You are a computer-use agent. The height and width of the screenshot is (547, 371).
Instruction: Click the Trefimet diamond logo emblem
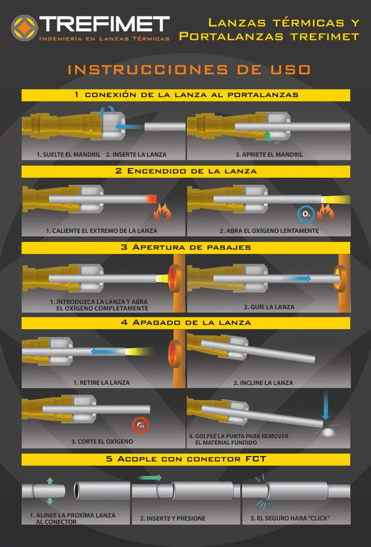(x=24, y=28)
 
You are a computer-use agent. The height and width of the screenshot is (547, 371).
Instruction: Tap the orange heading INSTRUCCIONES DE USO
(x=189, y=70)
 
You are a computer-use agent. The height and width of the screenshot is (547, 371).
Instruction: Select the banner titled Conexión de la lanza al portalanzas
(x=186, y=95)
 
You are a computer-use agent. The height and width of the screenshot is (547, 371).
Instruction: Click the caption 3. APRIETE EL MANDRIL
(x=269, y=155)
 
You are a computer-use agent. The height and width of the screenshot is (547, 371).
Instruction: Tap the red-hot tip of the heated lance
(x=151, y=199)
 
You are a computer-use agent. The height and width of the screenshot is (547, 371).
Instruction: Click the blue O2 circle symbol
(x=306, y=214)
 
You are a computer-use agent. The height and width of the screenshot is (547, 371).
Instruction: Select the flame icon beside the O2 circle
(x=325, y=213)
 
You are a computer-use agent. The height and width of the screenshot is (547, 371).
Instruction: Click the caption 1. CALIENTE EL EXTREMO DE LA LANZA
(x=101, y=231)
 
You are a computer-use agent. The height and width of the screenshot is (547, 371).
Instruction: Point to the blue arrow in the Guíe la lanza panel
(x=297, y=278)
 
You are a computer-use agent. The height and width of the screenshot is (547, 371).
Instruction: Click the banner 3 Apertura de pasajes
(x=186, y=248)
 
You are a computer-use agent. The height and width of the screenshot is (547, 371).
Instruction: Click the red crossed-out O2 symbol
(x=141, y=425)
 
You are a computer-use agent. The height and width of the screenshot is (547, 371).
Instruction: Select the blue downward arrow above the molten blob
(x=326, y=405)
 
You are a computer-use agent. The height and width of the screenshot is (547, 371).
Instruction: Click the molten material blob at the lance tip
(x=328, y=432)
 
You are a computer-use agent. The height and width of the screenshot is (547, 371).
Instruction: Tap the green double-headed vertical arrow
(x=50, y=491)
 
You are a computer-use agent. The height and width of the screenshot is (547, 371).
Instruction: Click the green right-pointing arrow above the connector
(x=150, y=477)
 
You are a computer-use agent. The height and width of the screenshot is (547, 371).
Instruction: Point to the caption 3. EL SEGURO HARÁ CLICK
(x=290, y=518)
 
